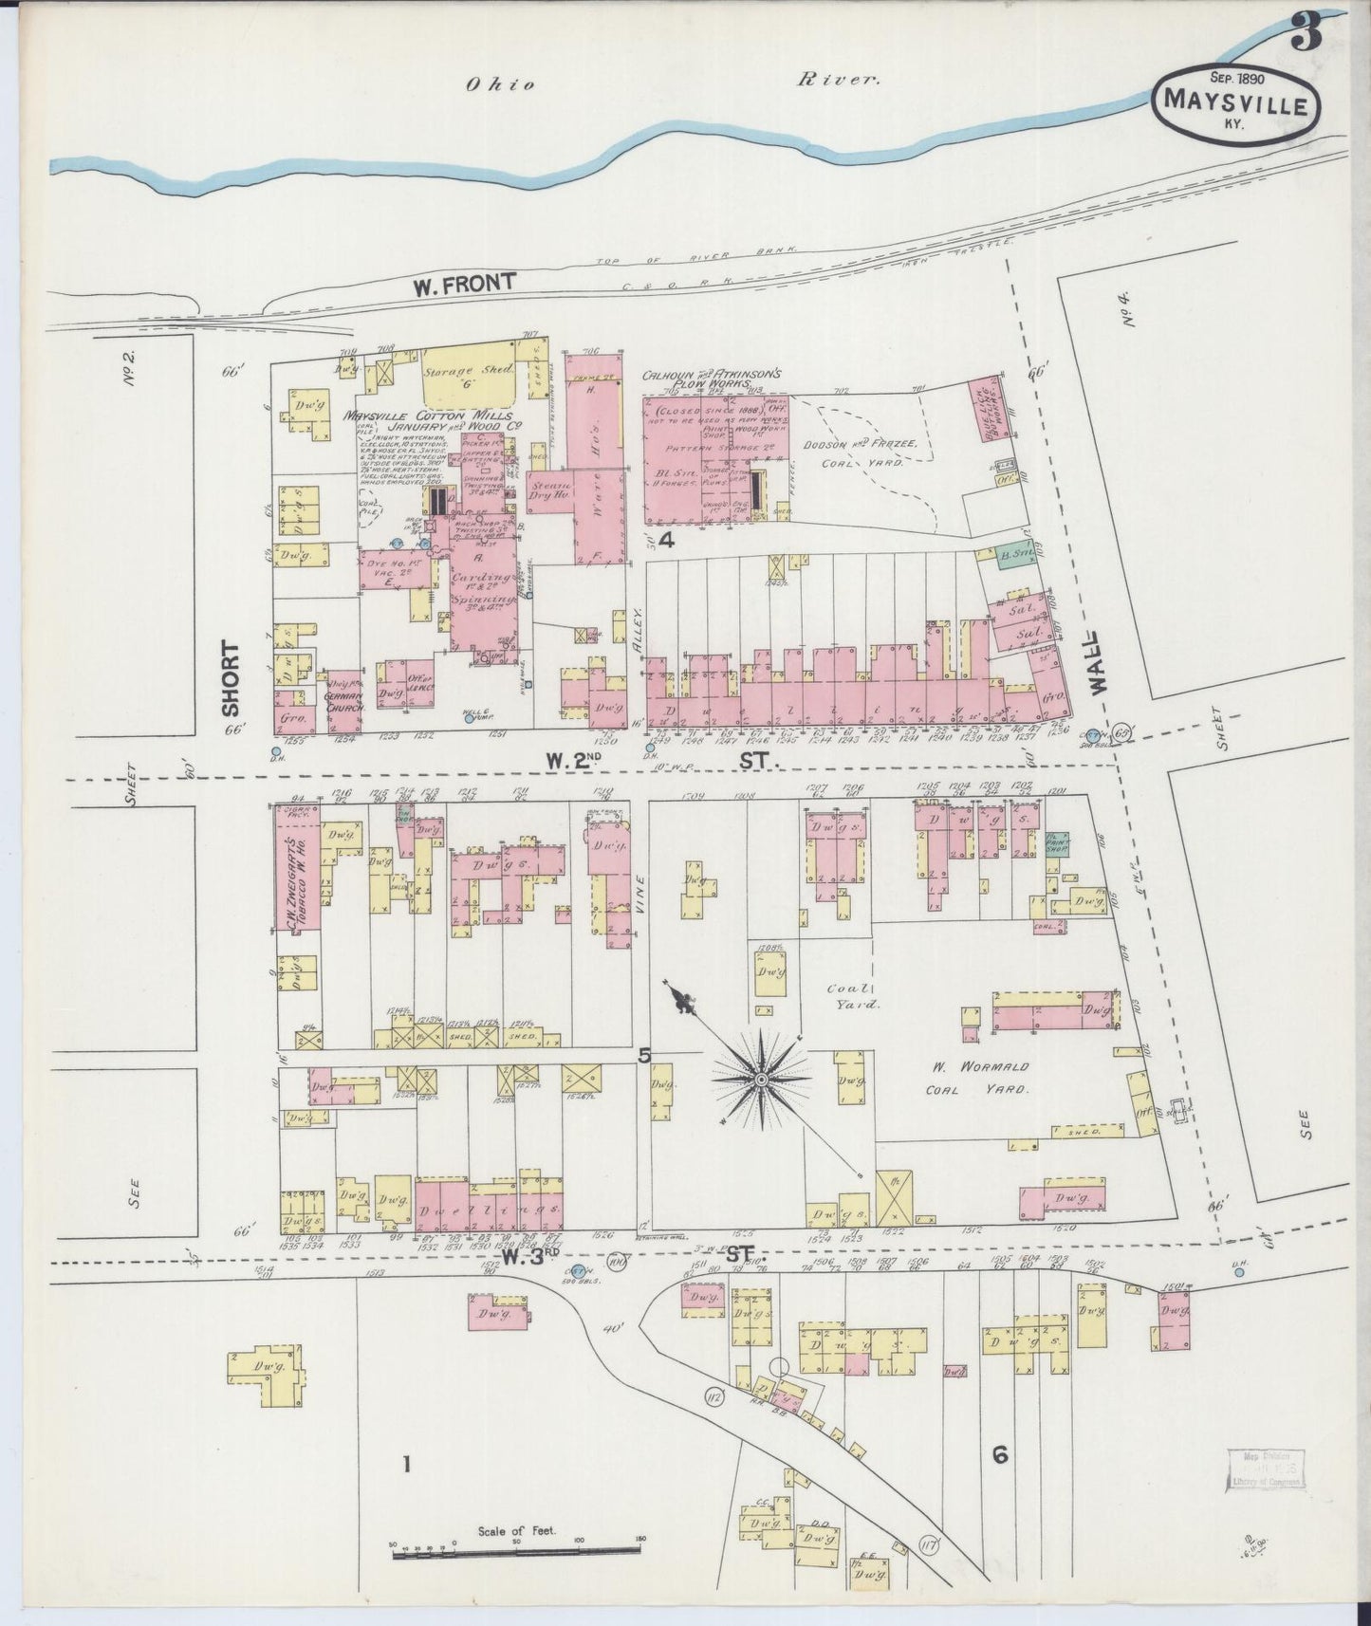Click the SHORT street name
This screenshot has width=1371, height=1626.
pos(231,677)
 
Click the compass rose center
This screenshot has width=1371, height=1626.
pos(761,1080)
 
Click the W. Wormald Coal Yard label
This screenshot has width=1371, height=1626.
pos(975,1078)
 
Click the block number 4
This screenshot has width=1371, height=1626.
pos(666,541)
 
